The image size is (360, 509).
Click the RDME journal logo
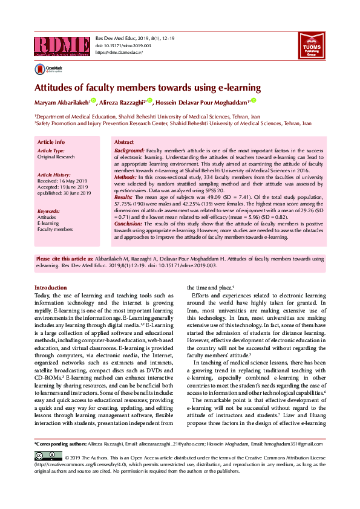click(x=62, y=45)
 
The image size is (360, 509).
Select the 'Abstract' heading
click(x=124, y=141)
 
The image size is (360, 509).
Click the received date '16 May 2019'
click(x=74, y=181)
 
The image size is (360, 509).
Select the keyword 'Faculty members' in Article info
click(x=54, y=230)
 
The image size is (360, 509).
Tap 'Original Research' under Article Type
click(x=56, y=157)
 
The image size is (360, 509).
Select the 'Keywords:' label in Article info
click(x=48, y=211)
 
